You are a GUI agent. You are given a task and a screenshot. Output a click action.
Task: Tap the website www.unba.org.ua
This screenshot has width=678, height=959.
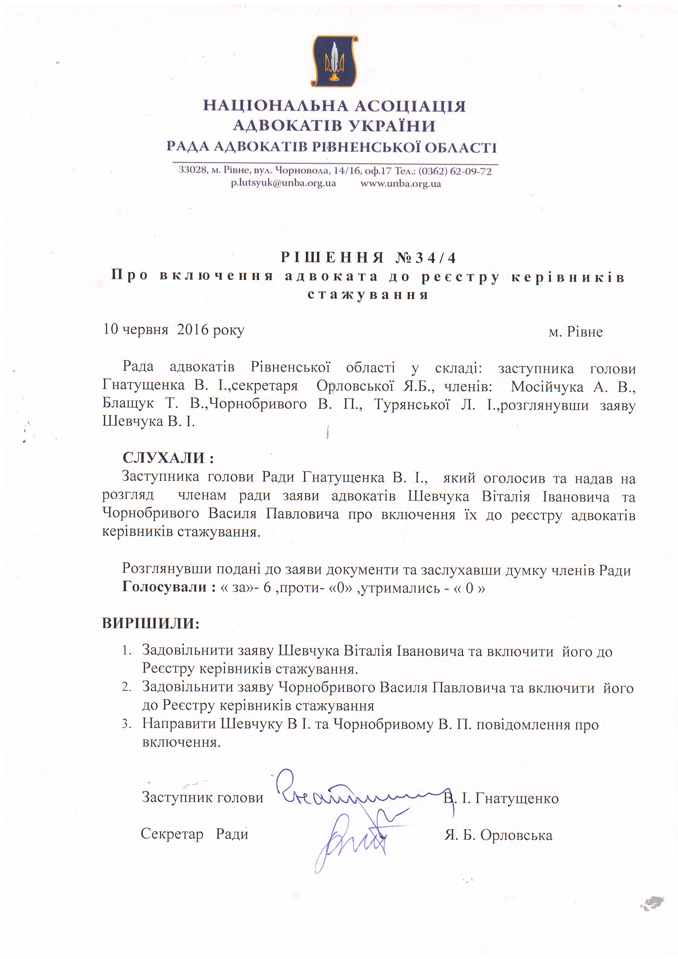pos(401,183)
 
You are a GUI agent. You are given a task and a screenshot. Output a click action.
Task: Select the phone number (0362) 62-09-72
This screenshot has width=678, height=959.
pos(455,171)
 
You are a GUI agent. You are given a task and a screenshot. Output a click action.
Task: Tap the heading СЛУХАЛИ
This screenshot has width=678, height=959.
pos(168,458)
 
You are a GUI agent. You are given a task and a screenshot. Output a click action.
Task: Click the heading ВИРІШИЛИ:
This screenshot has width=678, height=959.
pos(151,623)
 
